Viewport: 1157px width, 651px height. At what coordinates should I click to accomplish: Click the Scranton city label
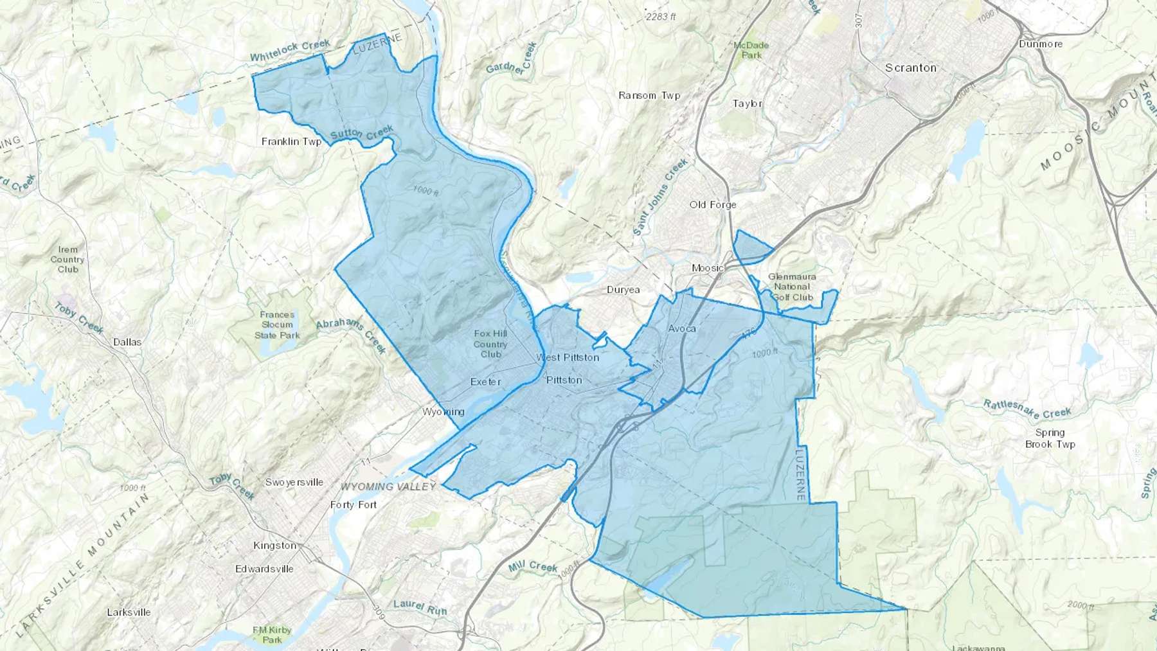910,67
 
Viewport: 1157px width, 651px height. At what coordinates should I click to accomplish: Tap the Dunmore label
1041,44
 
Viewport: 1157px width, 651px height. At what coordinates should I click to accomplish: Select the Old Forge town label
713,204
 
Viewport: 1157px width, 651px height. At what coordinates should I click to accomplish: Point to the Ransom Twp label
649,95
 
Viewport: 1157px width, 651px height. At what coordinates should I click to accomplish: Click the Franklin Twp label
291,141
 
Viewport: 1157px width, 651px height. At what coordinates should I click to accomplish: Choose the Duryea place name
623,290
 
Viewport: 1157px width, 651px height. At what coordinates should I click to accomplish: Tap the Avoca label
682,328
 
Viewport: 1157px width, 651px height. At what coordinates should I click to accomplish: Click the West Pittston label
568,357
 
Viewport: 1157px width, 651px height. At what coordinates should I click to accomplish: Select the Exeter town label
485,382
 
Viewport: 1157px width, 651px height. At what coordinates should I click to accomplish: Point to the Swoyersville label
294,482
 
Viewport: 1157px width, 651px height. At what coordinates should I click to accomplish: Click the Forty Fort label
354,504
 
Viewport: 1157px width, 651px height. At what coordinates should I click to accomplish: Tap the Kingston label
275,546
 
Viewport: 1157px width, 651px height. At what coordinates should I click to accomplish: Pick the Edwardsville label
264,569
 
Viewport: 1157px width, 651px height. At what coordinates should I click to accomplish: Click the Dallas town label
127,342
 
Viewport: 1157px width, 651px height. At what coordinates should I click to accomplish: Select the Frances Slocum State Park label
277,325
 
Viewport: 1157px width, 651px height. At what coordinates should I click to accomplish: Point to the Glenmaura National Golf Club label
792,287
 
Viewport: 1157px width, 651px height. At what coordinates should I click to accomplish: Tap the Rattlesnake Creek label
1027,409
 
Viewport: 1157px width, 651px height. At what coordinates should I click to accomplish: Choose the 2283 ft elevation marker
661,17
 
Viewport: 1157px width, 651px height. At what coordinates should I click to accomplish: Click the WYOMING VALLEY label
388,486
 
